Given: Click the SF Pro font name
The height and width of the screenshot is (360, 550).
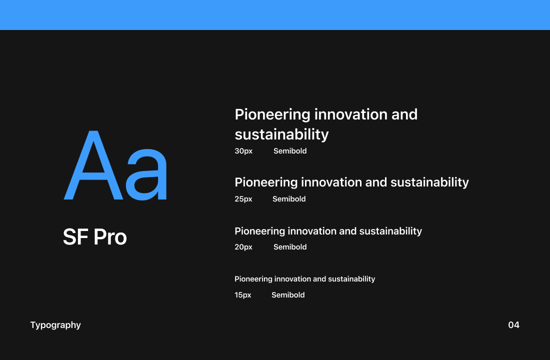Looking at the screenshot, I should click(x=95, y=237).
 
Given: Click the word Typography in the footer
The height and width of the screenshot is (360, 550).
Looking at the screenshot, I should click(x=55, y=325).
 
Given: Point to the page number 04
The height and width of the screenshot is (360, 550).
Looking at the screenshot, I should click(x=513, y=325).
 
